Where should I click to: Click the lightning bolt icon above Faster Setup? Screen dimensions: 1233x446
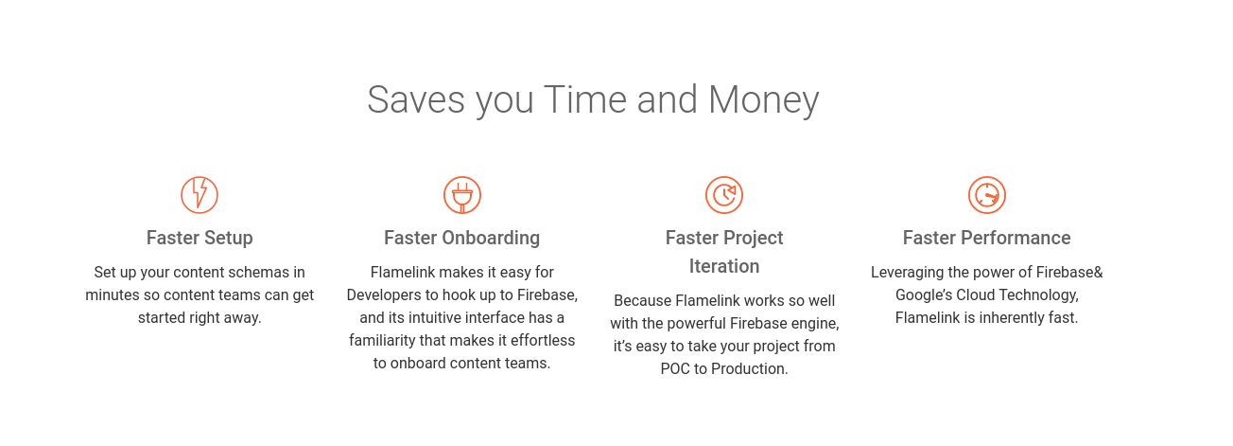[200, 195]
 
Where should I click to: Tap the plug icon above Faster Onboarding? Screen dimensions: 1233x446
[461, 195]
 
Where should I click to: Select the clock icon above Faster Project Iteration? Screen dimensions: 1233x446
[724, 195]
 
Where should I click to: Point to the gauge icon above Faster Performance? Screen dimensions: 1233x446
[986, 195]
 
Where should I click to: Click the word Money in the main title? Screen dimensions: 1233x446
[763, 101]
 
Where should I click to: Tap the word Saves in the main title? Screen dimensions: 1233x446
[416, 99]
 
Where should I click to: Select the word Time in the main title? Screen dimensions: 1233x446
[585, 99]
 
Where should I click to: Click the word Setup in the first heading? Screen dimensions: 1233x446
[229, 239]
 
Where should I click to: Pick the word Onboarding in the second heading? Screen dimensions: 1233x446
[491, 239]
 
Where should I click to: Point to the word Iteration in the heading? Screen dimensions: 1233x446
[724, 266]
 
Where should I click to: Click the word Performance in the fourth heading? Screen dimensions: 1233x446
[1016, 238]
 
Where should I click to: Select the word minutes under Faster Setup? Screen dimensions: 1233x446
[113, 294]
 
